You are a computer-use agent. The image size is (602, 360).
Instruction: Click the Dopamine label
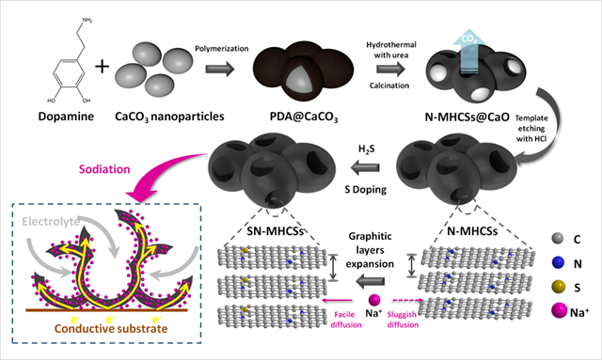66,117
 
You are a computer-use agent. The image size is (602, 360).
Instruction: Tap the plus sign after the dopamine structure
103,67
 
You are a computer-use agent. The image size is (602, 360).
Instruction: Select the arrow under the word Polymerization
219,69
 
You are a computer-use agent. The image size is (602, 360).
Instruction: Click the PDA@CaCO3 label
304,117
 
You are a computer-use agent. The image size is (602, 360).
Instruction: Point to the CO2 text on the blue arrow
469,39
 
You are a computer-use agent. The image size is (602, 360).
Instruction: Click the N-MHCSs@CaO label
467,117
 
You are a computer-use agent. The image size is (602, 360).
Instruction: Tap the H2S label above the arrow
366,149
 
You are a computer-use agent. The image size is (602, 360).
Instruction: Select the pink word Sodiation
104,169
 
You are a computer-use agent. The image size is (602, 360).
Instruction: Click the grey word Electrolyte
51,222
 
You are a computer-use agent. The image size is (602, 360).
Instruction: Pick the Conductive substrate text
111,329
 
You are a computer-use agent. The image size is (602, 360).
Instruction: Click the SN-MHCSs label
275,231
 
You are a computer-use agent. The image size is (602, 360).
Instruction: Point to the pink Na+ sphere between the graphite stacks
374,300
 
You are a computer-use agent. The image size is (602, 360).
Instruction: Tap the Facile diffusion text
346,320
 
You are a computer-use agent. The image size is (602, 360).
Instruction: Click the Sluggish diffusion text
403,320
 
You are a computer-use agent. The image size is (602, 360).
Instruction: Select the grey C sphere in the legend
558,239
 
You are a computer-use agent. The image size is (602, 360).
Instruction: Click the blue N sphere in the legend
558,263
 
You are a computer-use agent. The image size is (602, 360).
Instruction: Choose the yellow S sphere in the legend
558,287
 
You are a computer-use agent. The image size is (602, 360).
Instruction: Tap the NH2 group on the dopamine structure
87,21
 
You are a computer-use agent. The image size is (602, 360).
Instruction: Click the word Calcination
389,86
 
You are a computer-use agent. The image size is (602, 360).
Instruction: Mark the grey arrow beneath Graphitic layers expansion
370,281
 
